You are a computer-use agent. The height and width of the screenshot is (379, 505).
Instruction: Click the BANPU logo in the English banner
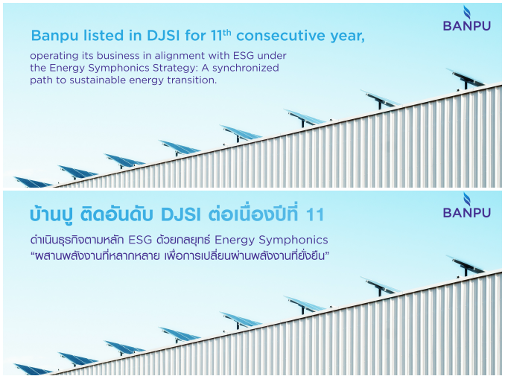[x=467, y=19]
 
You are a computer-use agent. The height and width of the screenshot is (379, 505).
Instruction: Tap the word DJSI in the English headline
[x=163, y=36]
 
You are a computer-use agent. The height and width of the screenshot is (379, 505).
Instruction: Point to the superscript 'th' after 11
[x=226, y=33]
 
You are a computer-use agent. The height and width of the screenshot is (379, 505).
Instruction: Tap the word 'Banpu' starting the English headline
[x=54, y=36]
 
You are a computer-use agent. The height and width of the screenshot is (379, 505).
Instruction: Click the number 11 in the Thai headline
[x=314, y=214]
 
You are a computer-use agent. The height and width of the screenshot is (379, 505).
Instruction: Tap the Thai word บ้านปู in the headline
[x=51, y=214]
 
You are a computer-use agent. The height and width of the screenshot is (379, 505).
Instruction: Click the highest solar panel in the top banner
[x=465, y=77]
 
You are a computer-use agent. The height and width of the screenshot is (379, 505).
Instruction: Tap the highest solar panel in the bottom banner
[x=465, y=265]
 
